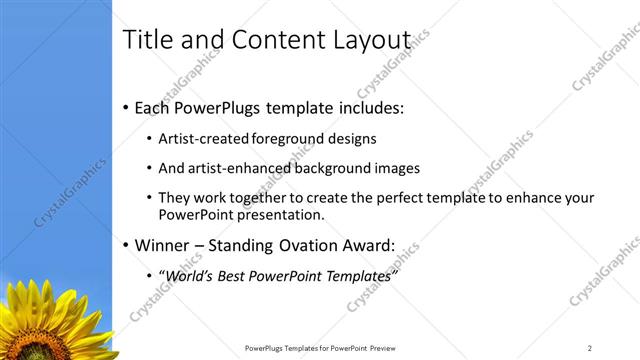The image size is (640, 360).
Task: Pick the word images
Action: click(397, 168)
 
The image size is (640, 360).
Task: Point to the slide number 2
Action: click(590, 348)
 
